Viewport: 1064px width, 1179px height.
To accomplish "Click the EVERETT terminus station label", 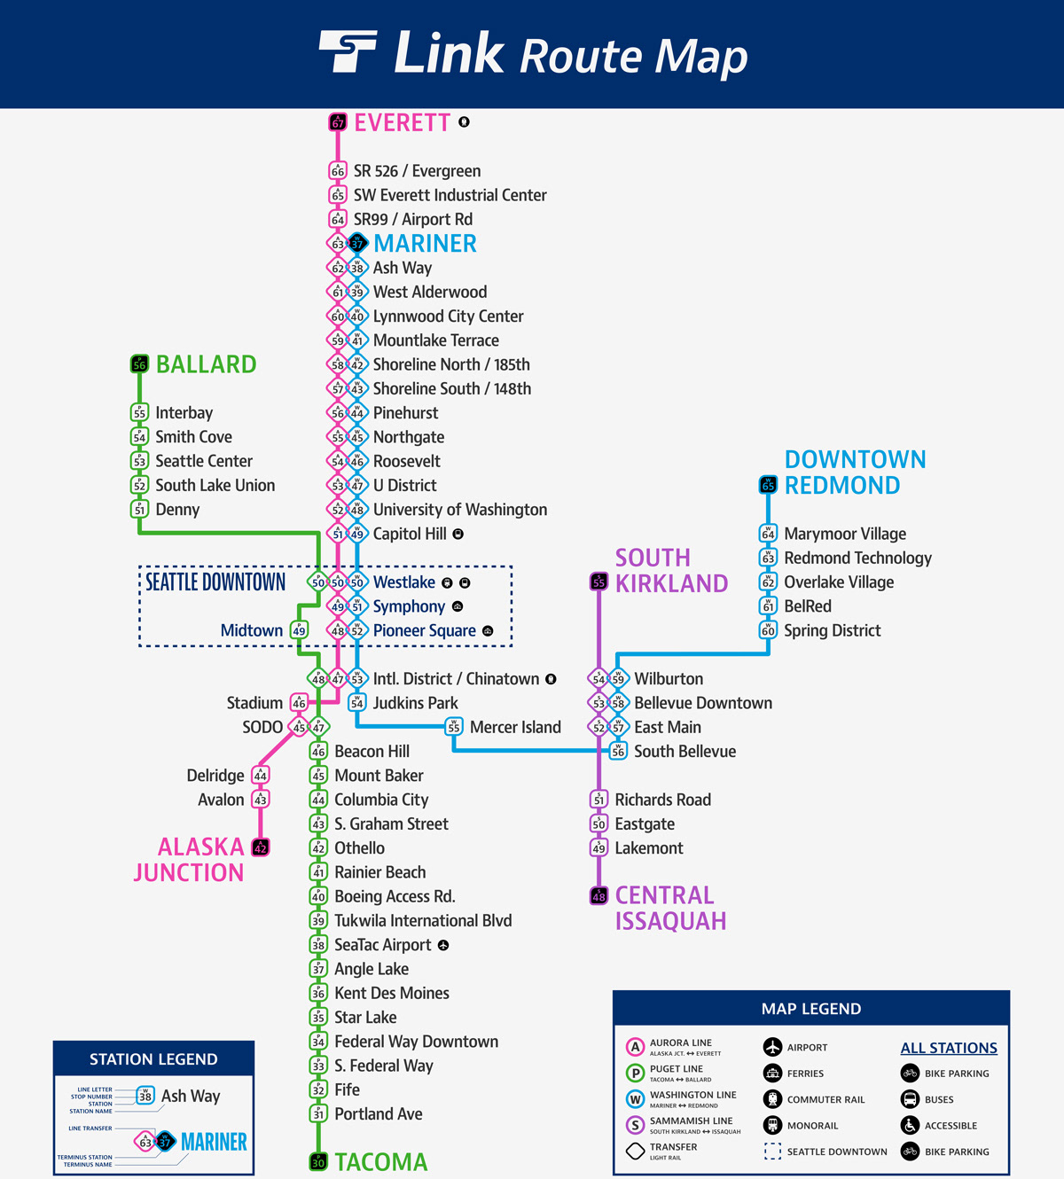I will tap(402, 122).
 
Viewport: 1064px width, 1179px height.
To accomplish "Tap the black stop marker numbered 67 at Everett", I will tap(338, 122).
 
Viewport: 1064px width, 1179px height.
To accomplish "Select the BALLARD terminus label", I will tap(206, 364).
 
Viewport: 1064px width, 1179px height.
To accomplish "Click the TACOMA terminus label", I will tap(380, 1161).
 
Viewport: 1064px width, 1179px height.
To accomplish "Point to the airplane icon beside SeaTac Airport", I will tap(443, 945).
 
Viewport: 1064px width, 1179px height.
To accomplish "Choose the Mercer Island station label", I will tap(515, 727).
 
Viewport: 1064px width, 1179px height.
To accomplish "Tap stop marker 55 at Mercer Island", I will tap(454, 727).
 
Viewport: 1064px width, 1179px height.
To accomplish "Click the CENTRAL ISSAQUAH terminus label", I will tap(670, 908).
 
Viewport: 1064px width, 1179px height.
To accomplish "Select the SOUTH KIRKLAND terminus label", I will tap(671, 570).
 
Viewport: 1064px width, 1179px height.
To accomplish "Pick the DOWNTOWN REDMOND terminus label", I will tap(855, 472).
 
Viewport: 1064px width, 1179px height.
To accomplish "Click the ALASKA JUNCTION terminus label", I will tap(189, 859).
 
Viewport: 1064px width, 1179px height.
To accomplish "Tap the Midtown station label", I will tap(252, 630).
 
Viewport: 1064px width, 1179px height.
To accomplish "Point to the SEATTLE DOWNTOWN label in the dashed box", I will tap(215, 582).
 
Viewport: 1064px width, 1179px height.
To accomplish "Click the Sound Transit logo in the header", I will tap(348, 51).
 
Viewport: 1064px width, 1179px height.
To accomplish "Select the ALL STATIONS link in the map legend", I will tap(949, 1048).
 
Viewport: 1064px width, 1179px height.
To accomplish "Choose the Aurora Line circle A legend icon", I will tap(635, 1047).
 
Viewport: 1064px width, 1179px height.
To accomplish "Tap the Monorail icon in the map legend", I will tap(772, 1126).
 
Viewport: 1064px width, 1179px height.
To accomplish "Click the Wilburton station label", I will tap(669, 679).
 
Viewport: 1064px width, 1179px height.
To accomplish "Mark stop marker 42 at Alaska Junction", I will tap(261, 847).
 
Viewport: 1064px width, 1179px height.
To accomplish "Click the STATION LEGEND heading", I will tap(153, 1059).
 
